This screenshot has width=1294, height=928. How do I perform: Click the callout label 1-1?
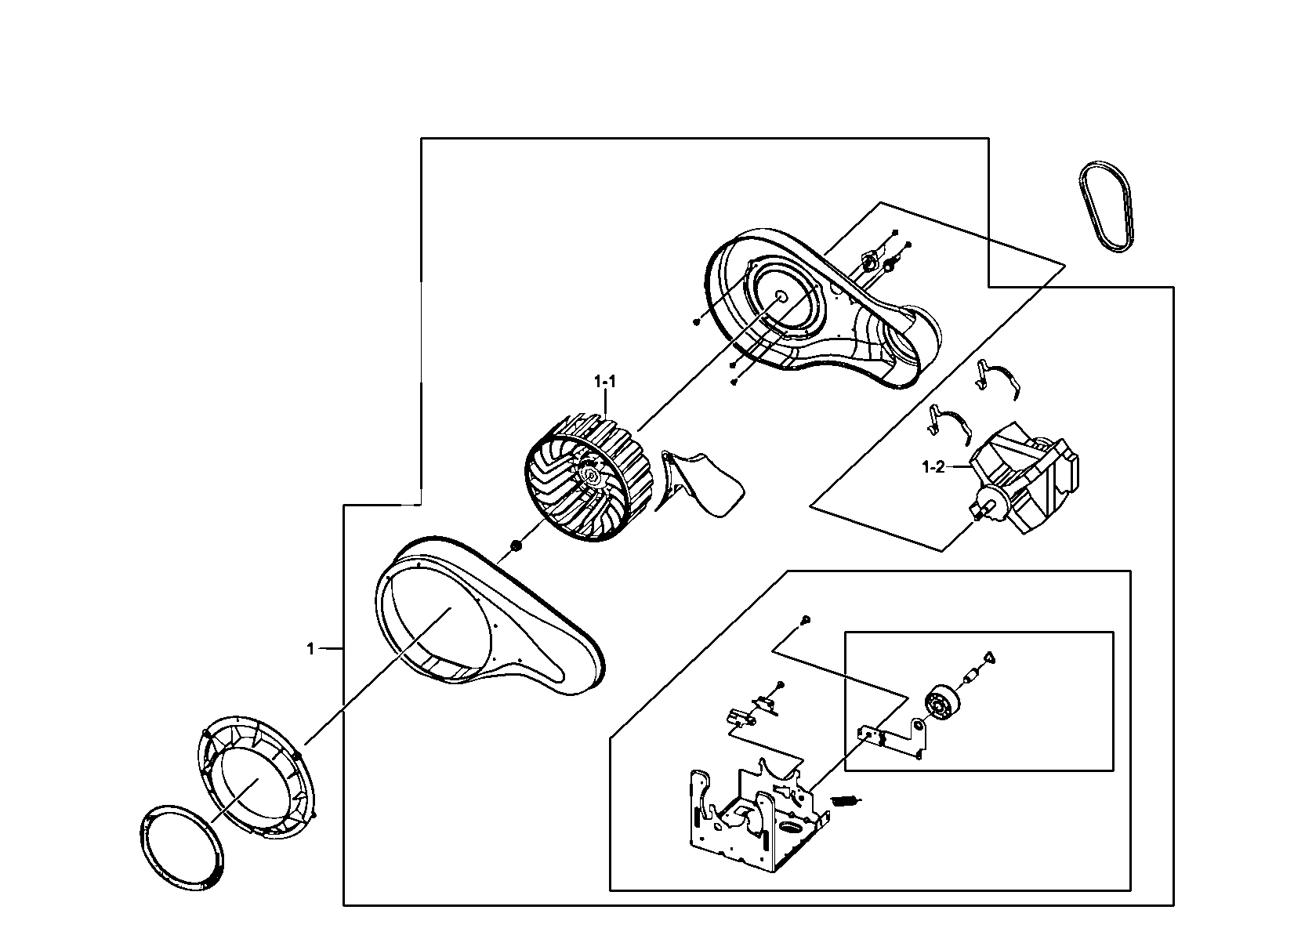tap(605, 382)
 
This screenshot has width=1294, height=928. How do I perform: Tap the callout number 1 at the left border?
tap(310, 648)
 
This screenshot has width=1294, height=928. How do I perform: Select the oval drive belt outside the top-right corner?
tap(1106, 207)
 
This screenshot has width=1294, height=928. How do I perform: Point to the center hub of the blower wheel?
tap(590, 476)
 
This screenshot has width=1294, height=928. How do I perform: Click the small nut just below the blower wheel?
tap(516, 545)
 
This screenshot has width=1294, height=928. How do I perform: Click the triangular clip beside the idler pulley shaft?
tap(989, 657)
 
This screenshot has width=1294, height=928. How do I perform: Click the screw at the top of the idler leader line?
tap(805, 620)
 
